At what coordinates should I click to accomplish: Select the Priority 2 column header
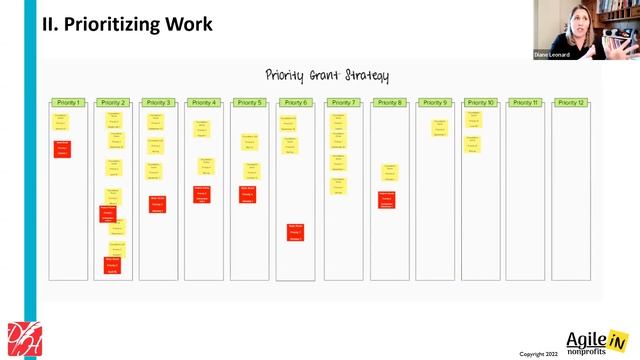(113, 102)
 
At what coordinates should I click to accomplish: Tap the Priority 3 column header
(158, 102)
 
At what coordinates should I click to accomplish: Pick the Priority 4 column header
(204, 102)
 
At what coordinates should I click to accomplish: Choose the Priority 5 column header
(250, 102)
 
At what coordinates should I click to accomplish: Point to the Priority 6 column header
(295, 102)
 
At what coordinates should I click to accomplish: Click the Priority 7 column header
(341, 102)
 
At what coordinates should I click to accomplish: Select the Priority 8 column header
(388, 102)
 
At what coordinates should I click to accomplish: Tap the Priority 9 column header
(434, 102)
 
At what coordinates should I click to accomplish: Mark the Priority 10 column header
(480, 102)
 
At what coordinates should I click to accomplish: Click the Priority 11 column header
(525, 102)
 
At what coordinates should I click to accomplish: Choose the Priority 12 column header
(571, 102)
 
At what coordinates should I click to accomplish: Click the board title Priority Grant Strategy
(327, 76)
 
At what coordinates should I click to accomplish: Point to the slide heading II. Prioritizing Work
(127, 23)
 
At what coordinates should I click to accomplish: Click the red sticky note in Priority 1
(62, 148)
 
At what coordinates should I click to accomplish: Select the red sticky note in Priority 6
(296, 232)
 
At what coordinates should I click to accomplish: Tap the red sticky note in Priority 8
(387, 199)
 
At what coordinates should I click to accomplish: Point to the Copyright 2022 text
(538, 354)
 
